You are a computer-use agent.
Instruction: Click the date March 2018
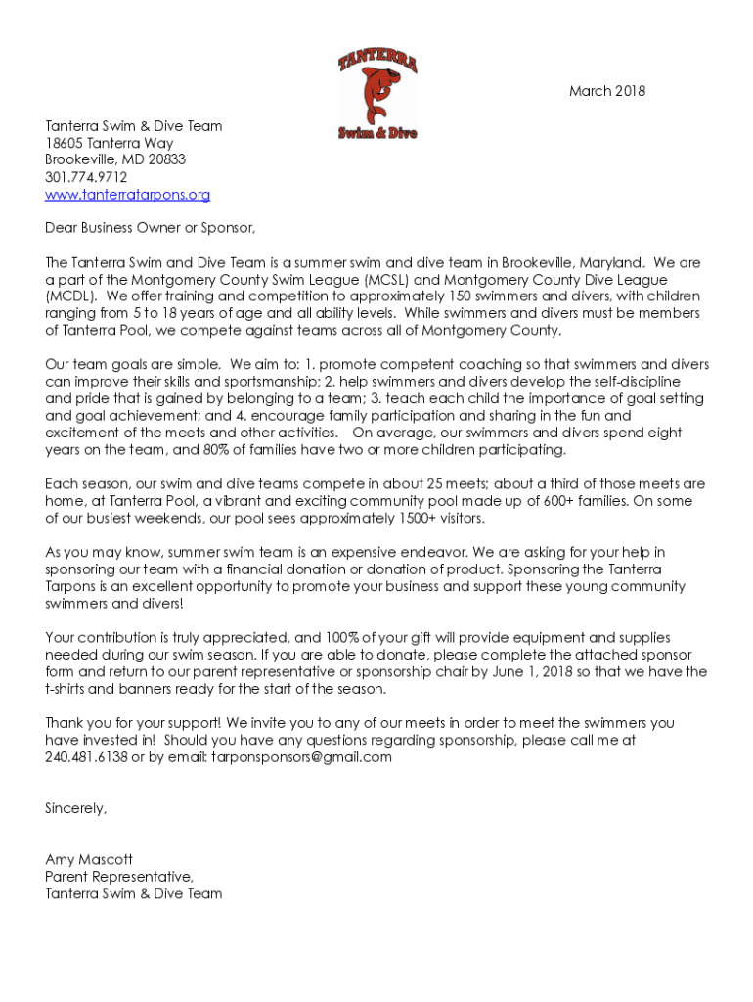607,92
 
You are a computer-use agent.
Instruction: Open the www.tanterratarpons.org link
127,195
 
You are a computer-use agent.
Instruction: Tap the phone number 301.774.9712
86,177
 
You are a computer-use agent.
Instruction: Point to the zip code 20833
166,160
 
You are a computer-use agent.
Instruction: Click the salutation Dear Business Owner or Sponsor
150,229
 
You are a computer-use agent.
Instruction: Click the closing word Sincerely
75,808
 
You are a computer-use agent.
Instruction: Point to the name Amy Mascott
89,859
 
